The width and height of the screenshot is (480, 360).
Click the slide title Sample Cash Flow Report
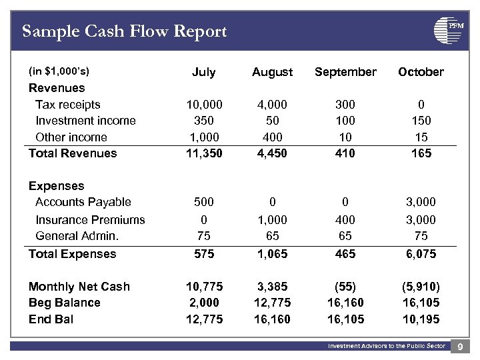tap(125, 31)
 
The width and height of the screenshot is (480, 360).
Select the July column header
tap(203, 72)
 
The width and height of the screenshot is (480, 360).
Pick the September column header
tap(345, 72)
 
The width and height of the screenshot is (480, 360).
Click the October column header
tap(421, 72)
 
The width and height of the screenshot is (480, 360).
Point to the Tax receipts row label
tap(68, 105)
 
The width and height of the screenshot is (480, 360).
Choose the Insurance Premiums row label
tap(90, 219)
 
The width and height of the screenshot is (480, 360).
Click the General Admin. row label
tap(77, 236)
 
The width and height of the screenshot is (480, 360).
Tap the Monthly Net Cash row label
tap(79, 287)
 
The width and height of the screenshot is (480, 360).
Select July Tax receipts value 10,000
tap(203, 105)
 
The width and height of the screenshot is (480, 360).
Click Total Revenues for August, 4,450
tap(272, 153)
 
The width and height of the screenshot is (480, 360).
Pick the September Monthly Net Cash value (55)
tap(345, 287)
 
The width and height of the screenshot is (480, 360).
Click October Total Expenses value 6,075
tap(421, 254)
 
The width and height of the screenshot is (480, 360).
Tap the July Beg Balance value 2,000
tap(203, 303)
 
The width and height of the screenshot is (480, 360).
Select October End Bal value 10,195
tap(421, 319)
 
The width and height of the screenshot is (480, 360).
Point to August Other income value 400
tap(272, 137)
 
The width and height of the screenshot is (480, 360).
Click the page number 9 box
tap(461, 346)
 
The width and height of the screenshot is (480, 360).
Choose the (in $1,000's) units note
tap(59, 71)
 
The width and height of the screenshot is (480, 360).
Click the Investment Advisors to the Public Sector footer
tap(386, 346)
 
